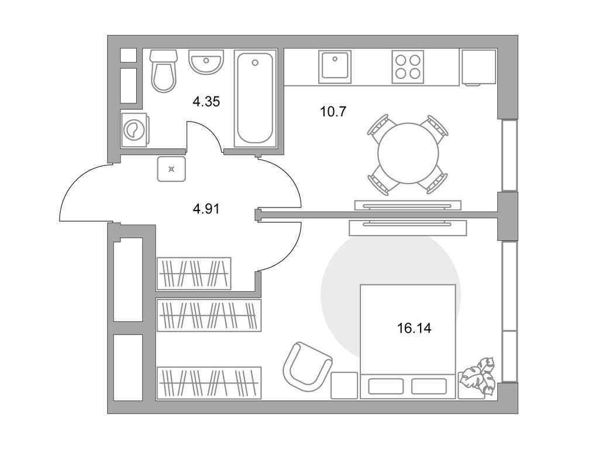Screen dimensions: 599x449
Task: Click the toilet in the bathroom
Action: pos(164,71)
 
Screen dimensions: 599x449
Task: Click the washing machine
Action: pos(135,130)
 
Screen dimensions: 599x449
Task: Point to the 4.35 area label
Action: pos(206,102)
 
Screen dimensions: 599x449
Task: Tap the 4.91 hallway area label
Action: pos(206,209)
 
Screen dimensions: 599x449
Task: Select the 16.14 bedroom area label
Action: pos(414,328)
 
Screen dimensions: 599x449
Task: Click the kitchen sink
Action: pos(335,67)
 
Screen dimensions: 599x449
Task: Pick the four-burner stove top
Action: pos(408,67)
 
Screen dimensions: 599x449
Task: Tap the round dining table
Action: pos(408,153)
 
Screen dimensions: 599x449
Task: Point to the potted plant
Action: pos(477,376)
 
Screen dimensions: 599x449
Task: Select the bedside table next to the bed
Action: pos(344,385)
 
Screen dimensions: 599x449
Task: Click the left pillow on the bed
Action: pos(386,386)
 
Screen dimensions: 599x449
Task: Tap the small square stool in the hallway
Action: pos(171,169)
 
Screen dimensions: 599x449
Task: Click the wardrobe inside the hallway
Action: pos(194,274)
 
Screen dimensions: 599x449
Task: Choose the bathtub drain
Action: pos(255,63)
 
